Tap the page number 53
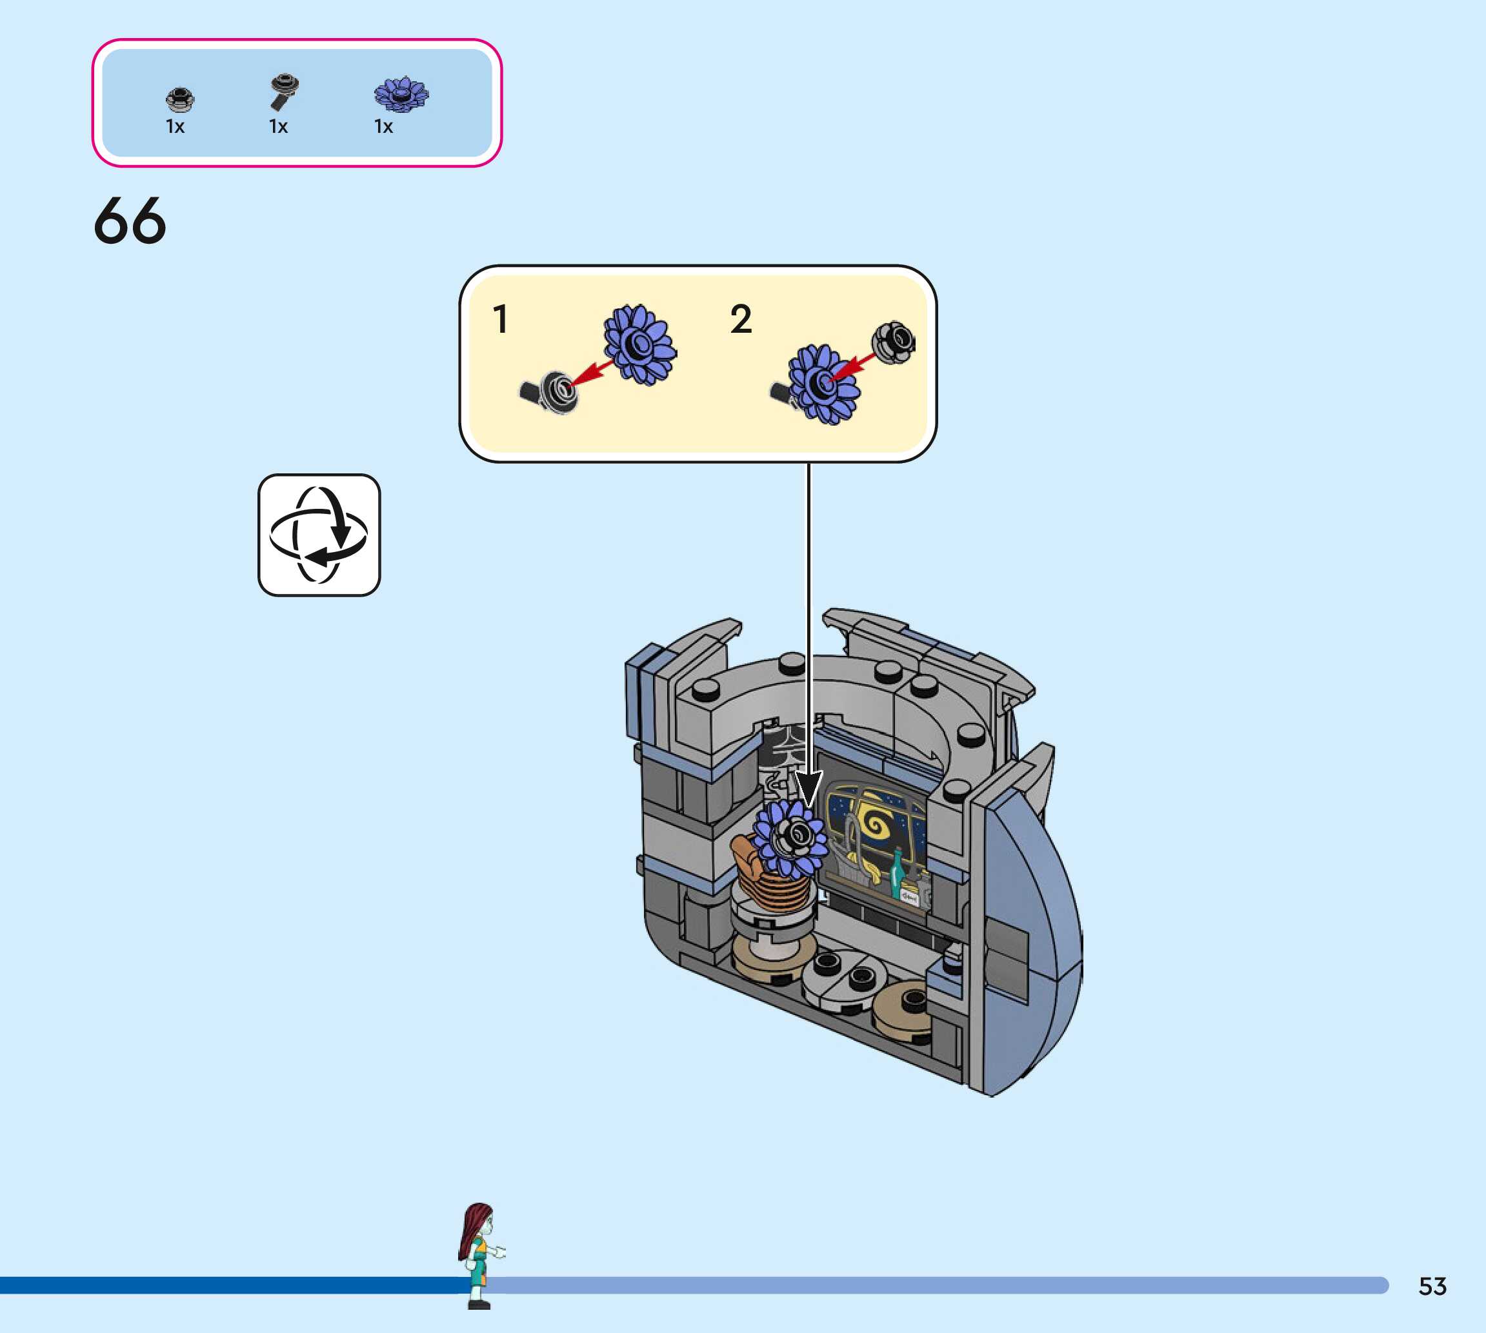pos(1432,1286)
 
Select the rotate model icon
pos(319,535)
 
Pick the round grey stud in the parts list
pos(179,99)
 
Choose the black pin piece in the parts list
pos(283,91)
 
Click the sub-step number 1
pos(501,319)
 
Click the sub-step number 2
pos(741,319)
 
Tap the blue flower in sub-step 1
pos(639,345)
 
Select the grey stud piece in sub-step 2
pos(893,341)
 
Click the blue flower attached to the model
pos(789,838)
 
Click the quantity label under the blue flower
pos(383,126)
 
